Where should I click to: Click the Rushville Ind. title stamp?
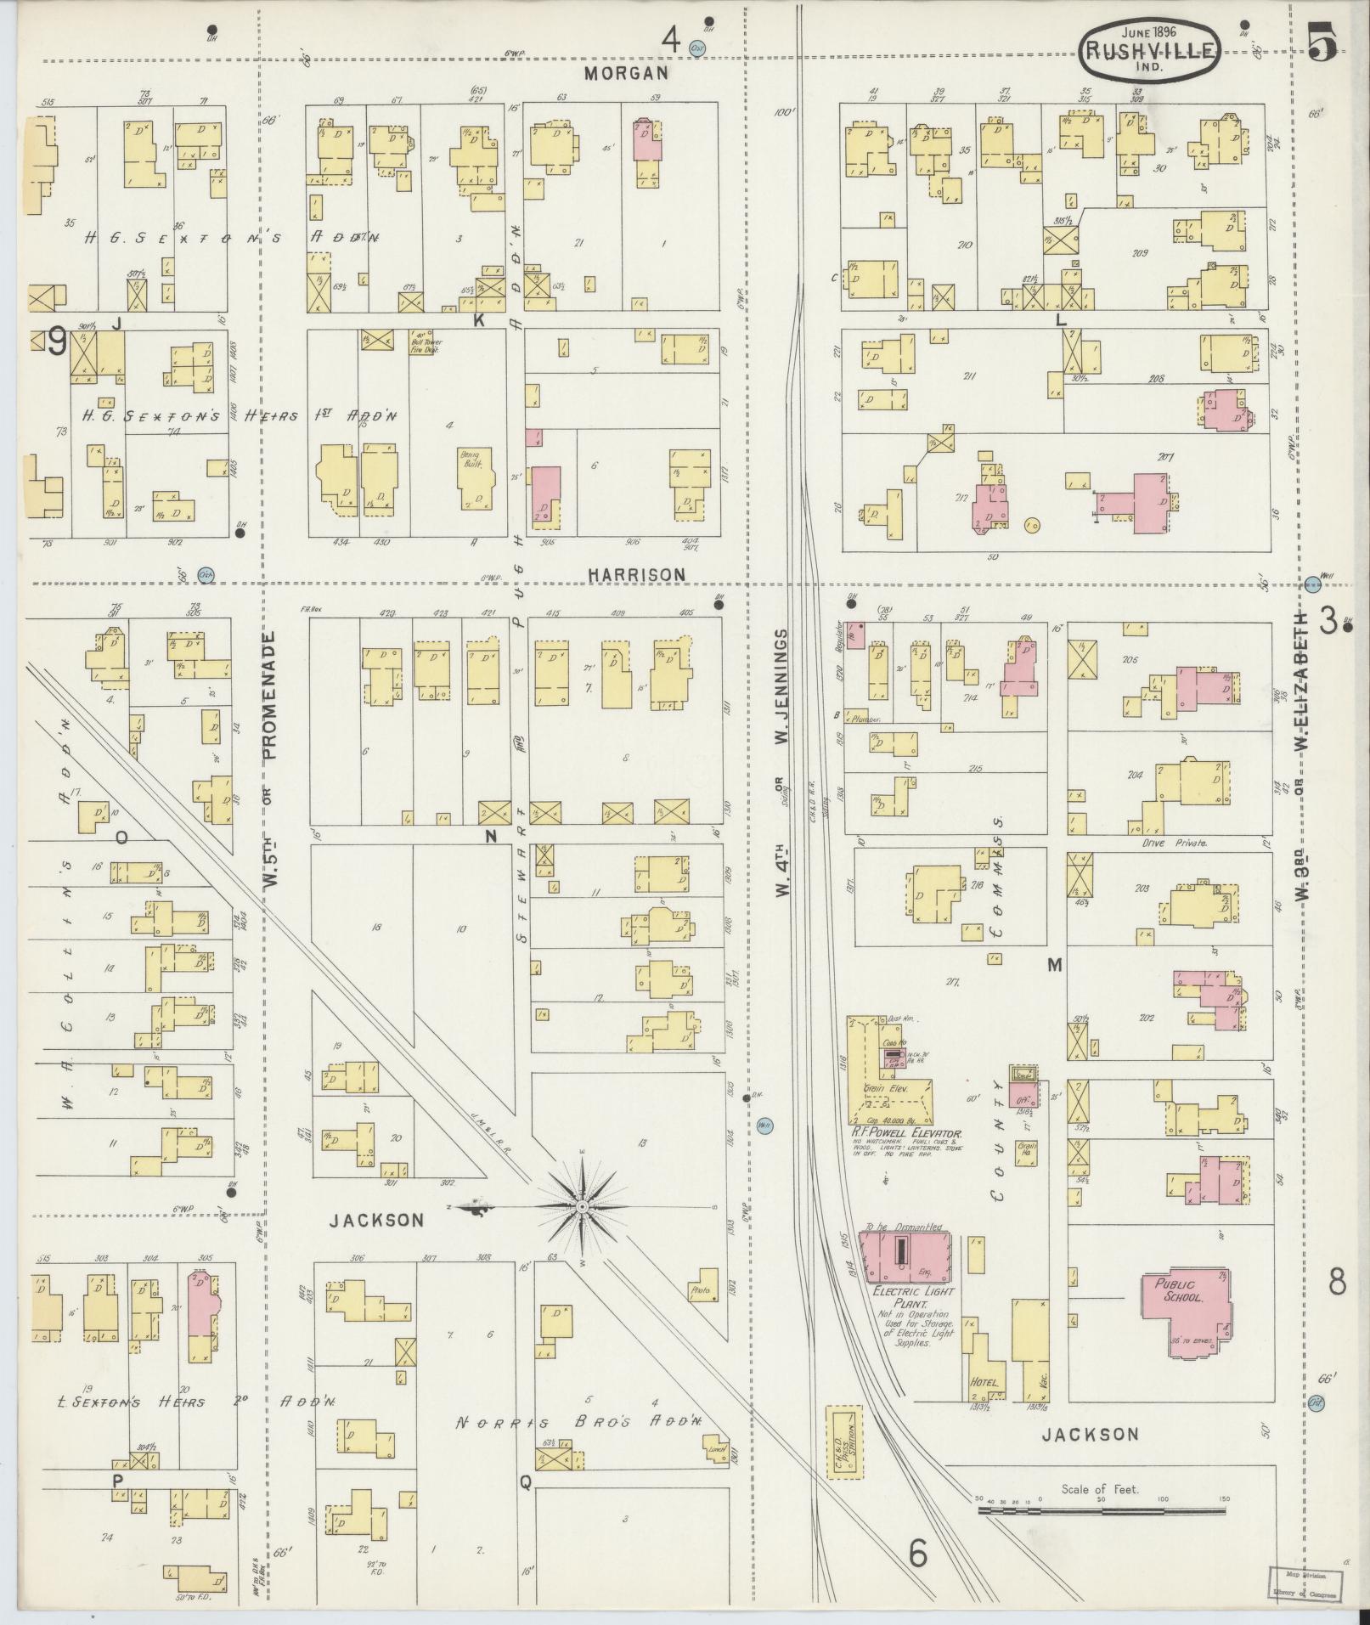point(1152,52)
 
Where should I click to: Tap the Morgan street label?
point(627,73)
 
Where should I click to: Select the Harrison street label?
point(637,575)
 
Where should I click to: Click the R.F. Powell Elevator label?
point(905,1133)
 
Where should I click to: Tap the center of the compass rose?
point(582,1206)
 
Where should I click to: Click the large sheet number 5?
point(1322,42)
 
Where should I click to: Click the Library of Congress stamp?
point(1306,1585)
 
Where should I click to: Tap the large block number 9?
point(58,343)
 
